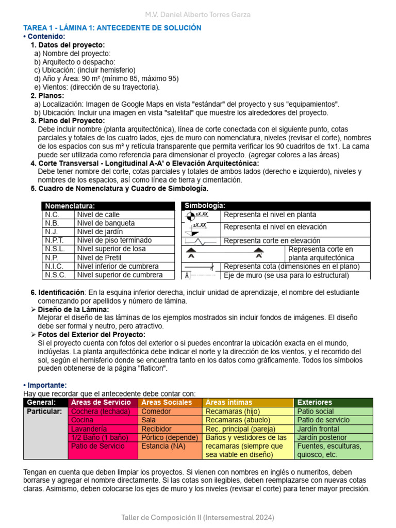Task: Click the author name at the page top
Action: (197, 14)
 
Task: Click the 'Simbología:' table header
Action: (205, 206)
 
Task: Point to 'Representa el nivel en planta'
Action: (270, 214)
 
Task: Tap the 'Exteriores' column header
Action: (315, 402)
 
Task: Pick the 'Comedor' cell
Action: (156, 411)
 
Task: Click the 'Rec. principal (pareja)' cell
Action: (240, 429)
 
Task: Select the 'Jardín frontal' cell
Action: (318, 429)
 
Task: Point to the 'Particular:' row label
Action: (44, 411)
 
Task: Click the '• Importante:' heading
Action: (45, 385)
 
